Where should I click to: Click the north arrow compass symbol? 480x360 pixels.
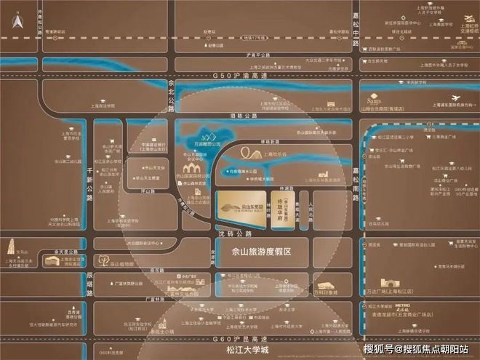(x=15, y=23)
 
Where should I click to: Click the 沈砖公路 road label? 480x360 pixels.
(x=232, y=234)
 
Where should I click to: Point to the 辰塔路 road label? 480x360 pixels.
(x=89, y=283)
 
